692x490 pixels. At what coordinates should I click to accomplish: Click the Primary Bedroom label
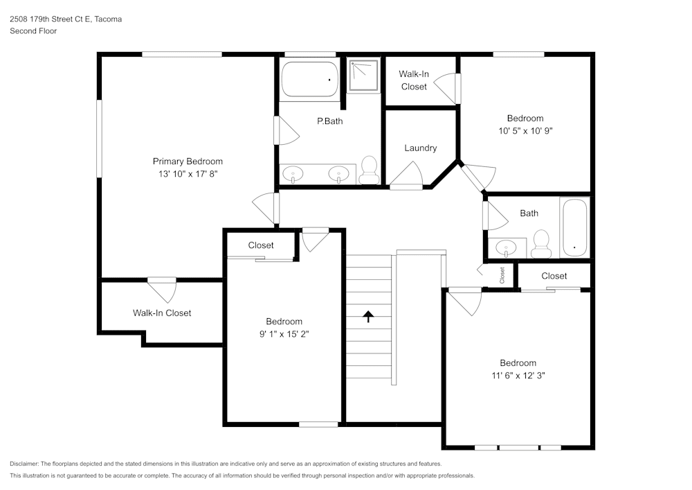point(188,161)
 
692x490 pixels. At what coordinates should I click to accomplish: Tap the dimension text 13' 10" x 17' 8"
point(188,175)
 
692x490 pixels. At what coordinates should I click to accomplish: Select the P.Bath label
point(329,121)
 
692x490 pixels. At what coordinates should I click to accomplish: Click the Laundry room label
point(420,148)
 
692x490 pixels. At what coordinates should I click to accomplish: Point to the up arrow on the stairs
point(369,317)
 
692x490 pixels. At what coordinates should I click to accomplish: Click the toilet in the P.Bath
point(369,170)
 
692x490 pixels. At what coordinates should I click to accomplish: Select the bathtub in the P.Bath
point(309,80)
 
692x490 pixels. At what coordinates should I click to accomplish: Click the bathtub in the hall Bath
point(574,227)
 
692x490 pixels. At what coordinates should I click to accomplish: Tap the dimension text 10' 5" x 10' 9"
point(525,130)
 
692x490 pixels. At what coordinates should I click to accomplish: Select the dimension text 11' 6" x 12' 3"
point(518,376)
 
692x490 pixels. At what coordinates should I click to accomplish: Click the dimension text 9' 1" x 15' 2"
point(284,334)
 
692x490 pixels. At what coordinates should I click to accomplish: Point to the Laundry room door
point(408,177)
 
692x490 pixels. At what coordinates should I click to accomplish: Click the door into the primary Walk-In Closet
point(162,287)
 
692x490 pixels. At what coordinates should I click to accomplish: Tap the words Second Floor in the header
point(33,31)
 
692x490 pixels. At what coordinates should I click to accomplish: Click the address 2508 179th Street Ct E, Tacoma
point(66,19)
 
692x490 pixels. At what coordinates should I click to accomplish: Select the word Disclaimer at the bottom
point(24,464)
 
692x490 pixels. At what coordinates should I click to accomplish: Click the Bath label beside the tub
point(529,213)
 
